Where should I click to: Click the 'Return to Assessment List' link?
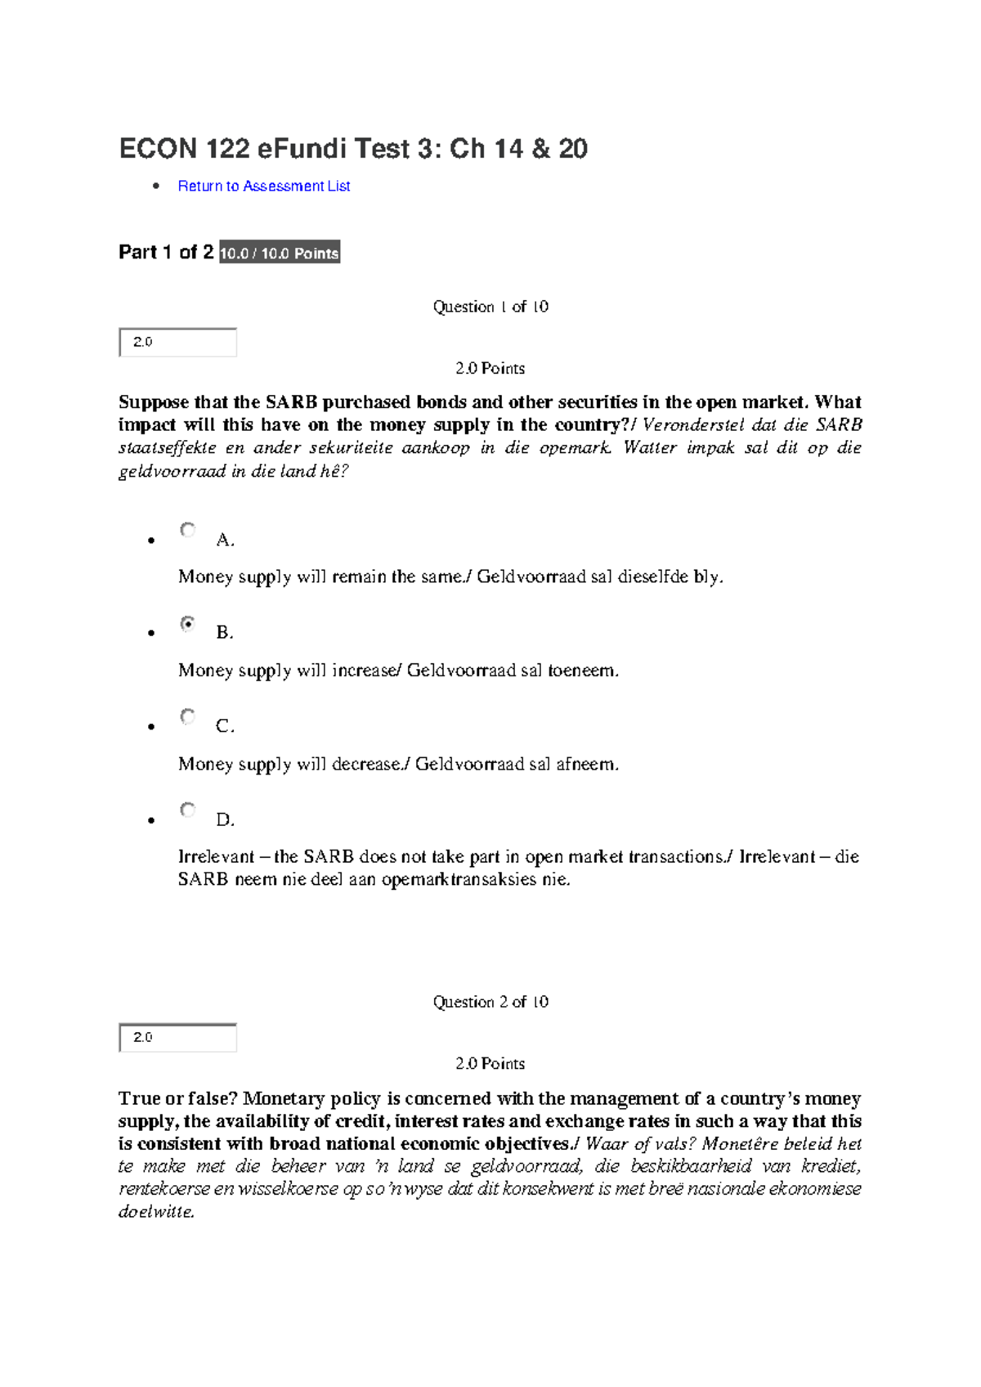[x=263, y=186]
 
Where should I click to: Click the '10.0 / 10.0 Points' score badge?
[x=280, y=253]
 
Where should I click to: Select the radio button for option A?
[x=188, y=530]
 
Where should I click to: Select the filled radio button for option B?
[x=188, y=624]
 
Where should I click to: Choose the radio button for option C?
[x=188, y=717]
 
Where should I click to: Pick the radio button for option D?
[x=188, y=810]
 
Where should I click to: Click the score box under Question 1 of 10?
[x=177, y=342]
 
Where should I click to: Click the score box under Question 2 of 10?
[x=177, y=1037]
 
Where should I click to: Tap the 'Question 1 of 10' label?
[x=490, y=307]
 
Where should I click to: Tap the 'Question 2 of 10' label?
[x=490, y=1002]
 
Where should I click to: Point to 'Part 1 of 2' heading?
[x=166, y=252]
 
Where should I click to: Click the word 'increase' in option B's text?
[x=365, y=671]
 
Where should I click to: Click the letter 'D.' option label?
[x=225, y=819]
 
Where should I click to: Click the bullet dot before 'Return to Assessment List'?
[x=156, y=186]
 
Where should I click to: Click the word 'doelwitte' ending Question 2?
[x=155, y=1212]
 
